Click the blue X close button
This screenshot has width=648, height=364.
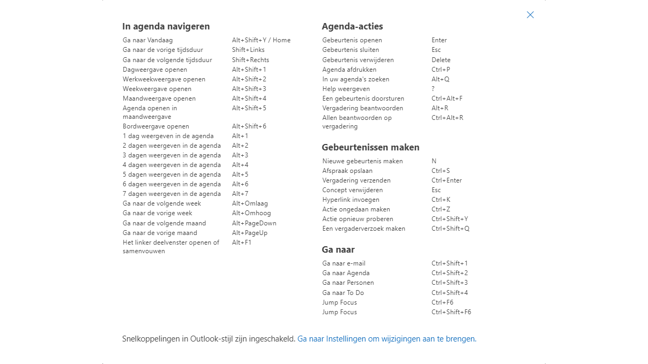[530, 15]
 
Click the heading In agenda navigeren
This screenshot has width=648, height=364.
[166, 26]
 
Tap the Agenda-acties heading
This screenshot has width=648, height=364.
[352, 26]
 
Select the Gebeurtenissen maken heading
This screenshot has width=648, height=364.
[370, 147]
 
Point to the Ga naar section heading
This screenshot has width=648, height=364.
[338, 249]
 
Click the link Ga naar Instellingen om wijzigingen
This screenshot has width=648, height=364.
[386, 339]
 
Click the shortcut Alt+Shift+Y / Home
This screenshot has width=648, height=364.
[261, 40]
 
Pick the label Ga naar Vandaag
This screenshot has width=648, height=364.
[147, 40]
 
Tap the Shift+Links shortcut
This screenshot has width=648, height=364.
[248, 50]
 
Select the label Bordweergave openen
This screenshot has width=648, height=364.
[155, 126]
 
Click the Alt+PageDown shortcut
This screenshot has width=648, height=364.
[254, 223]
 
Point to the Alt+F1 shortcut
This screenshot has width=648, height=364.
[242, 242]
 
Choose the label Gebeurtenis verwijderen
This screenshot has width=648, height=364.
[358, 60]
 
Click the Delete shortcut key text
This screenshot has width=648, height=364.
[441, 60]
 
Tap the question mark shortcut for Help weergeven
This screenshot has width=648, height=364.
[433, 89]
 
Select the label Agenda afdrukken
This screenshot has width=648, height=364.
[349, 70]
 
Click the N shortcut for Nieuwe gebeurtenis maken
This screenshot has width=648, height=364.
[434, 161]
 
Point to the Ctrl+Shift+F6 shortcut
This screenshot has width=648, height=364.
[451, 312]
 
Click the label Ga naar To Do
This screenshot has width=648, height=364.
[343, 293]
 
